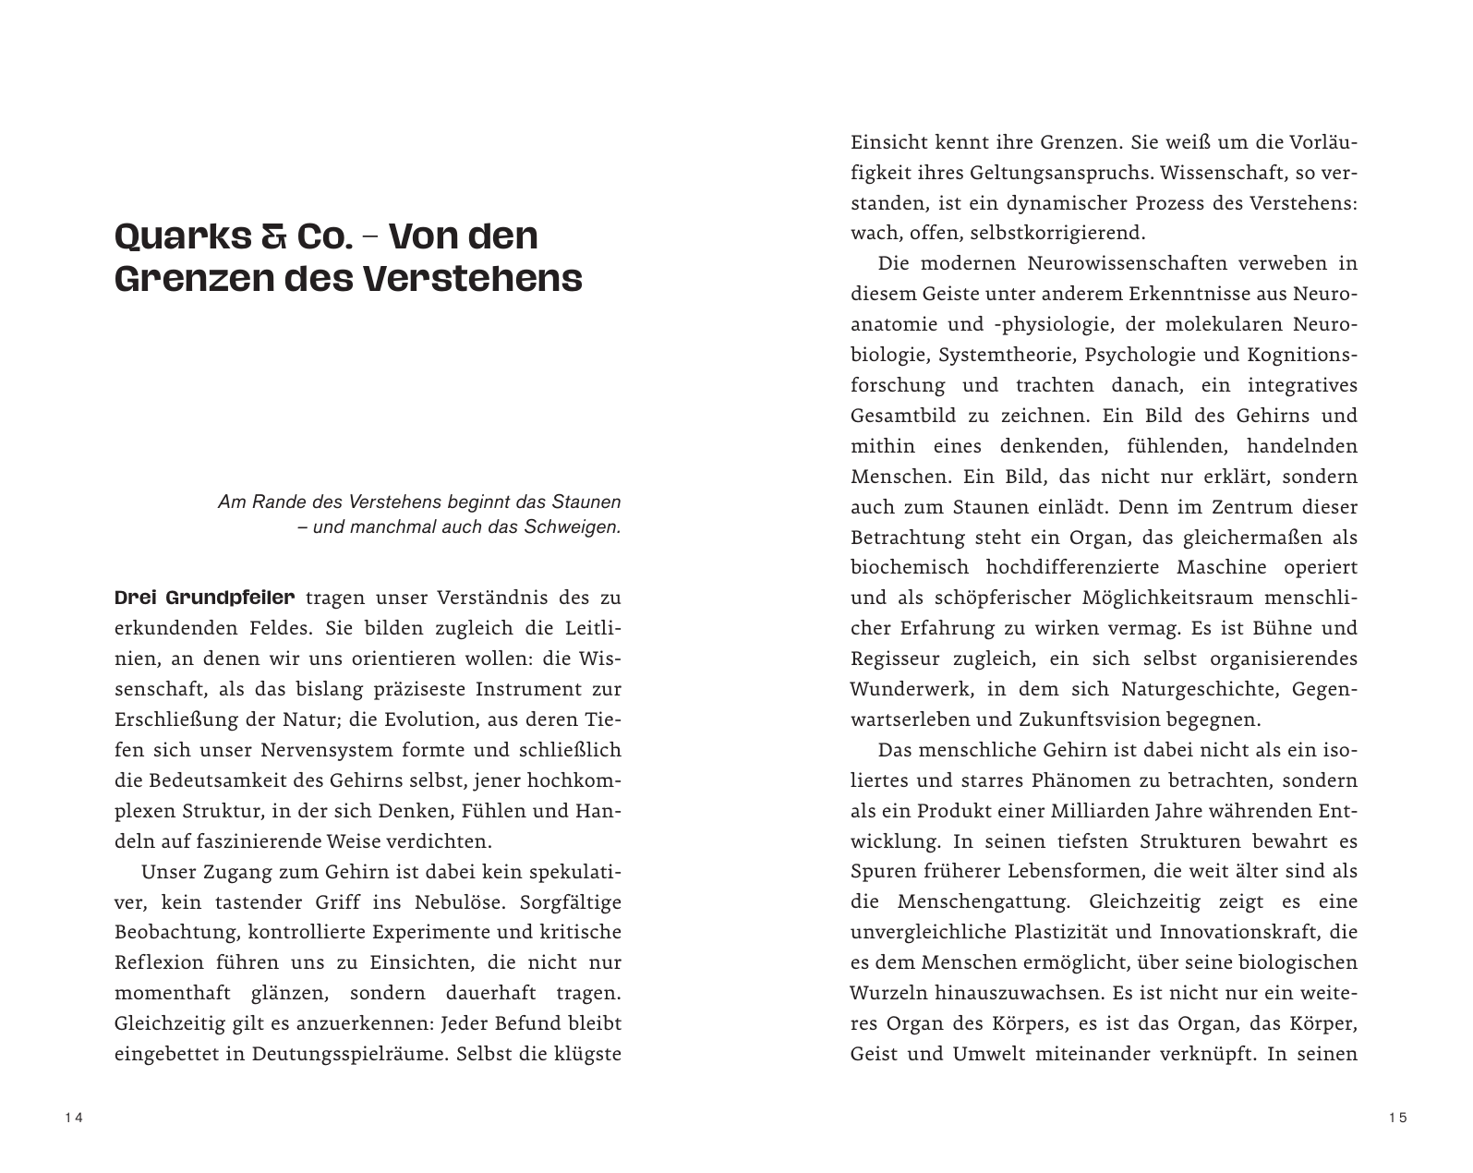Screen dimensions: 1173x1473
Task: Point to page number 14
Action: (x=74, y=1119)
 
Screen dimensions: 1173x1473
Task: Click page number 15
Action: (x=1396, y=1119)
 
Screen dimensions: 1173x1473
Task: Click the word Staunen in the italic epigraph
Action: (x=586, y=502)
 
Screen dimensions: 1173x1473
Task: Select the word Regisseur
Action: (x=895, y=659)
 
